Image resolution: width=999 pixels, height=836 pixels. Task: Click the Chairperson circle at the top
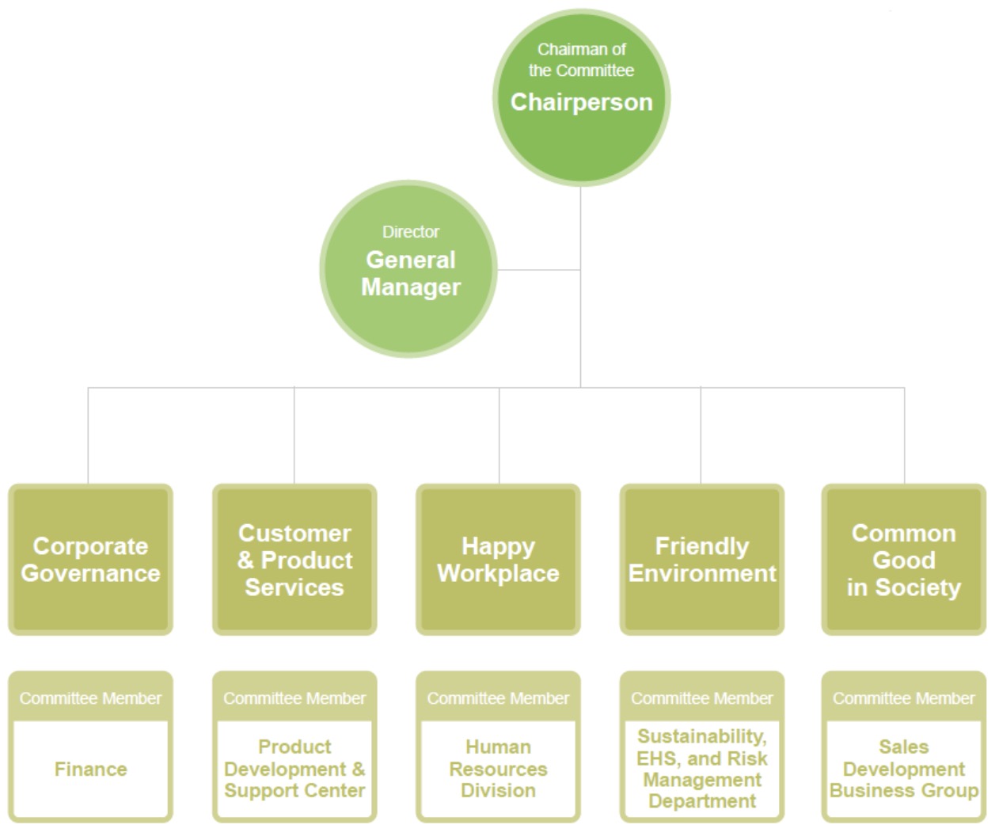tap(581, 98)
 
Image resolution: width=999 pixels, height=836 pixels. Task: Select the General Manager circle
tap(409, 270)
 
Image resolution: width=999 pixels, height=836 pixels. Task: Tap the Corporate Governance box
tap(90, 560)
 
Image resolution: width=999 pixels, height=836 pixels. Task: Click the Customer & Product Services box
tap(294, 560)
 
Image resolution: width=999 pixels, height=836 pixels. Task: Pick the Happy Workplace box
tap(498, 560)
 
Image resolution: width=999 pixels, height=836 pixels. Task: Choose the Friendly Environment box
tap(702, 560)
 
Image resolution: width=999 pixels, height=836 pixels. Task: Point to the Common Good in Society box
tap(904, 560)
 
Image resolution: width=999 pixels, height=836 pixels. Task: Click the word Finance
tap(90, 769)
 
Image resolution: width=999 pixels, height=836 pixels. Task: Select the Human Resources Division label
tap(498, 769)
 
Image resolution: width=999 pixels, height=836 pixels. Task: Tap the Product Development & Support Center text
tap(294, 769)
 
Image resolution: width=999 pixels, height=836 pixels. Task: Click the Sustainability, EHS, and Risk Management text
tap(702, 769)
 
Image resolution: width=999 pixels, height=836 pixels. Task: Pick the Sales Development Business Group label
tap(904, 769)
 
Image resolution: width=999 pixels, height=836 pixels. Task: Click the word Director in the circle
tap(410, 232)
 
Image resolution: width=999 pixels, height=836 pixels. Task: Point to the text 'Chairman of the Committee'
tap(581, 60)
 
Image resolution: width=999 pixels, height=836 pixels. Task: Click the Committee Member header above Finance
tap(90, 698)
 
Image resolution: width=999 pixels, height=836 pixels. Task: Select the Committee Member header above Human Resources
tap(498, 698)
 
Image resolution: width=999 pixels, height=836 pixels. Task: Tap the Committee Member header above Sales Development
tap(904, 698)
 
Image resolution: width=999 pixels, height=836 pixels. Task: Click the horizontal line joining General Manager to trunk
tap(538, 270)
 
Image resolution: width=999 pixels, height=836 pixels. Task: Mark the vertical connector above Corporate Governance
tap(89, 435)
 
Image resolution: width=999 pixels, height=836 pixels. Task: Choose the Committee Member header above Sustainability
tap(702, 698)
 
